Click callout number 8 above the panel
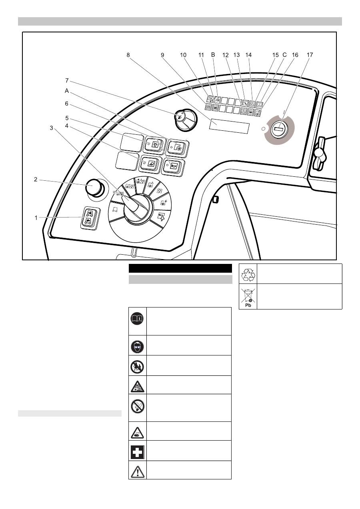(128, 56)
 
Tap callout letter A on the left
(67, 91)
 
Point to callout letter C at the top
(285, 55)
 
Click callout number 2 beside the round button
(36, 180)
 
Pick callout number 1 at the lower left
(36, 218)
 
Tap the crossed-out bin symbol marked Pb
(248, 296)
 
